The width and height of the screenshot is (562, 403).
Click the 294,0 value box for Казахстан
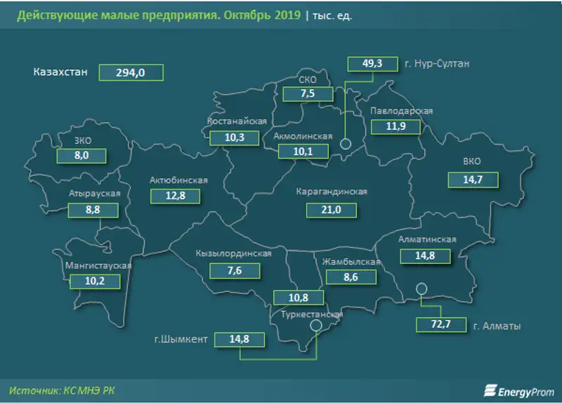131,72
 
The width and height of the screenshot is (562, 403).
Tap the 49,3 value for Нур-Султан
371,64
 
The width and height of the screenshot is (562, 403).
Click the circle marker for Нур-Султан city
346,145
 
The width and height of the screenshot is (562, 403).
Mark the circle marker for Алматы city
421,288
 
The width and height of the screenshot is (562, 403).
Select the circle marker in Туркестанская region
316,325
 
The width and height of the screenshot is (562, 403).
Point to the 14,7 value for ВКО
473,180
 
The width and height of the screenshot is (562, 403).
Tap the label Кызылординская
234,253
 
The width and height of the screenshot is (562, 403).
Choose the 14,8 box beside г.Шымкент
240,340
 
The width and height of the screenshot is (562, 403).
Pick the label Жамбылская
351,262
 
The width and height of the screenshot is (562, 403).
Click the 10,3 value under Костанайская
233,138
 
